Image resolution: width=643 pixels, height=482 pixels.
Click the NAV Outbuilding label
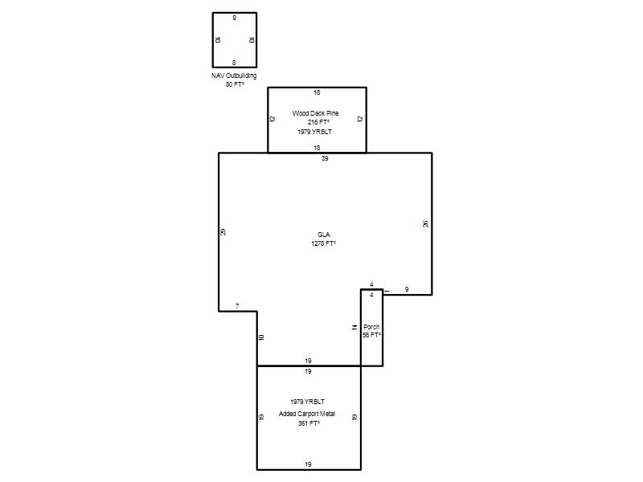[x=234, y=76]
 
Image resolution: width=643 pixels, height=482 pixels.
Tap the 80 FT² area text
[x=235, y=84]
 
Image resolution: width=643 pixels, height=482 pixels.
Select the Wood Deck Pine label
[x=315, y=113]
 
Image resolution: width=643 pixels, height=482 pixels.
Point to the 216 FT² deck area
[x=318, y=122]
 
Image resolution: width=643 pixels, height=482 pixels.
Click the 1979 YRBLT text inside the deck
[x=314, y=132]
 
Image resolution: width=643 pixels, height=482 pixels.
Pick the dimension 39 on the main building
[x=325, y=158]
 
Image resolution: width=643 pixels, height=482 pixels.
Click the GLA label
[x=324, y=235]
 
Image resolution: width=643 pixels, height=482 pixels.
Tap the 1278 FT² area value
[x=324, y=243]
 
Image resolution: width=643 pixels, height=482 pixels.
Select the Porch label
[x=371, y=327]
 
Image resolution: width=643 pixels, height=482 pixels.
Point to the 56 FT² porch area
[x=371, y=335]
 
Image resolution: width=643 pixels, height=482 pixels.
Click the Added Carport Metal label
[x=307, y=414]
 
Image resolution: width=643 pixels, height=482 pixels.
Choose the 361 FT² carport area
[x=309, y=423]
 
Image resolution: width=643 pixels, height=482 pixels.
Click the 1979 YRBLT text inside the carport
[x=308, y=402]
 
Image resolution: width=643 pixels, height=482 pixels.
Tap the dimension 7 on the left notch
[x=237, y=306]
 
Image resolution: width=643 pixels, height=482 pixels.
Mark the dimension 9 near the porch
[x=407, y=289]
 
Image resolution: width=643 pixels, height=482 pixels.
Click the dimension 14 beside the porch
[x=354, y=327]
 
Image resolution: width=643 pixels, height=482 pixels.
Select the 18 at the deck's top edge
[x=317, y=92]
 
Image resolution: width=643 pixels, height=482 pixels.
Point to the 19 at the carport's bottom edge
[x=308, y=464]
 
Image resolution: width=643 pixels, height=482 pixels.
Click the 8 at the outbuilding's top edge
[x=235, y=18]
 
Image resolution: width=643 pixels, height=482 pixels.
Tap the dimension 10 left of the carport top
[x=262, y=337]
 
